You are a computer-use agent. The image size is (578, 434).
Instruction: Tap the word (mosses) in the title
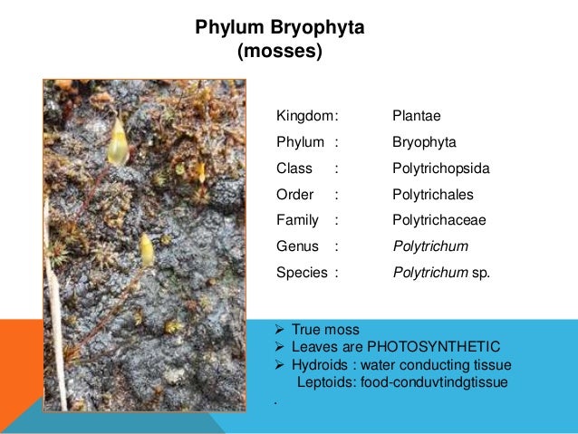[279, 51]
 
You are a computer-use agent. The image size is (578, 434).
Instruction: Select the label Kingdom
[304, 116]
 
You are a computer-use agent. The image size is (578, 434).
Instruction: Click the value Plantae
[416, 116]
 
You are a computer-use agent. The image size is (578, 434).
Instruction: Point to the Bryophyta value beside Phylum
[424, 142]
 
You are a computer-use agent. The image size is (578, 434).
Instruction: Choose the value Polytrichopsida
[440, 169]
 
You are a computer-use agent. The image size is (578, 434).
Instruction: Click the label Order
[294, 195]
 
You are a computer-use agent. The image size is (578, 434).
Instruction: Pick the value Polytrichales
[433, 195]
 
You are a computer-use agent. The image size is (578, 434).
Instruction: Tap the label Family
[297, 219]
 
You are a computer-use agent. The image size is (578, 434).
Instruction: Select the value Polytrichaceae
[439, 219]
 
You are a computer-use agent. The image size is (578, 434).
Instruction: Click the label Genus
[297, 245]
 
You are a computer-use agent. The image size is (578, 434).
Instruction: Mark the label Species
[301, 270]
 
